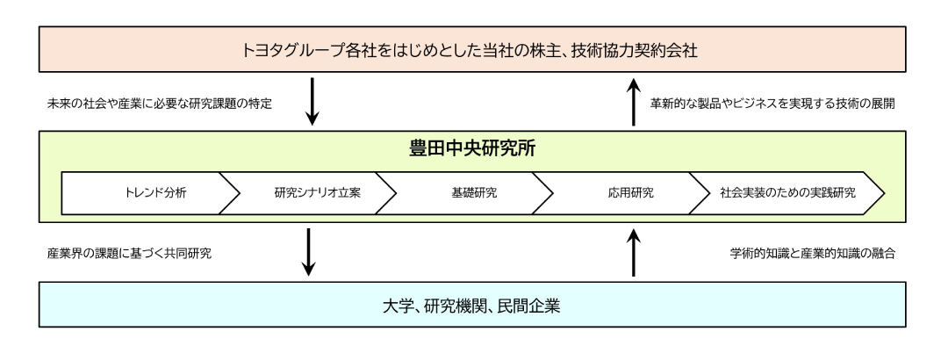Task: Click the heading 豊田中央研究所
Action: pos(475,150)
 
